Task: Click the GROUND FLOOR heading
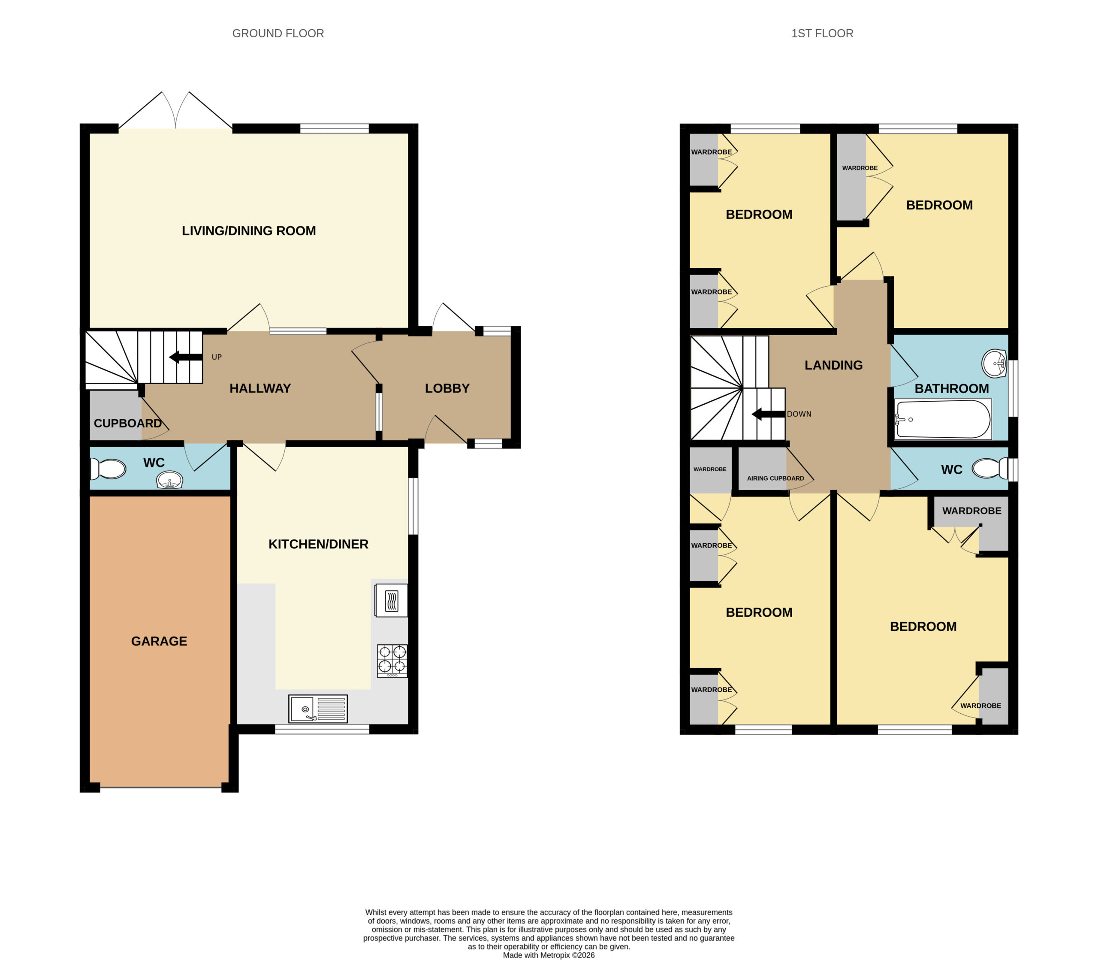click(x=278, y=33)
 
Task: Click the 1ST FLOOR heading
click(x=822, y=33)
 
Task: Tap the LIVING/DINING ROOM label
click(x=249, y=231)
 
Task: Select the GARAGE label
click(x=159, y=641)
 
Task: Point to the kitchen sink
click(x=318, y=709)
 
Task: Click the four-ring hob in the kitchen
click(x=392, y=661)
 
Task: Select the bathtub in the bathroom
click(x=943, y=419)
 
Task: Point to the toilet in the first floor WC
click(x=990, y=468)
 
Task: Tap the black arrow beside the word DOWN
click(x=768, y=414)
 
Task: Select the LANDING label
click(x=833, y=365)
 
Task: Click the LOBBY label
click(x=447, y=388)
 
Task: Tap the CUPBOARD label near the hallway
click(x=127, y=423)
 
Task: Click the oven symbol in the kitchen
click(x=391, y=600)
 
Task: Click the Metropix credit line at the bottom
click(x=549, y=955)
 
